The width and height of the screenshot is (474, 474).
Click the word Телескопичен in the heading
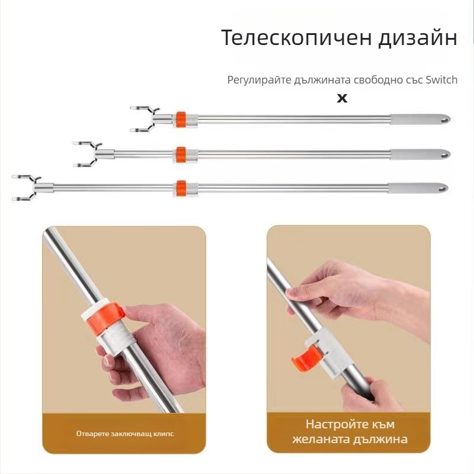(296, 38)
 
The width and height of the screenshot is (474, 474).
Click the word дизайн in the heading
(418, 39)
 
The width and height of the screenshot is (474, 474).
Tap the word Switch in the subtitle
(441, 80)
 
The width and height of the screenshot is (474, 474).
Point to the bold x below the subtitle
(342, 98)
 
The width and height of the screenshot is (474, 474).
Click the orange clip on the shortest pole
(181, 120)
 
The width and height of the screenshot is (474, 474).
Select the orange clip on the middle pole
(181, 155)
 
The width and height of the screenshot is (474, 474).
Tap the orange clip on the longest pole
(181, 188)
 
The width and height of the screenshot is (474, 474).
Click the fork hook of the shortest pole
(145, 119)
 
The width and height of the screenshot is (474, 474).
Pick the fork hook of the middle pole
(87, 154)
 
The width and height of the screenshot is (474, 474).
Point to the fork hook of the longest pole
(27, 188)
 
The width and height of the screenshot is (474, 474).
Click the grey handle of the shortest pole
(420, 120)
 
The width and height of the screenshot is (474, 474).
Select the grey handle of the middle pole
(420, 154)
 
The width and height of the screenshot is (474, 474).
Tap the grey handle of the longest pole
(418, 188)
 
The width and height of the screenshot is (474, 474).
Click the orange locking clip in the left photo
(106, 318)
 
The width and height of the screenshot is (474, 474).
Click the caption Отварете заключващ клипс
(125, 434)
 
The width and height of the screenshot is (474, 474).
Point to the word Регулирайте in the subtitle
(260, 80)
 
